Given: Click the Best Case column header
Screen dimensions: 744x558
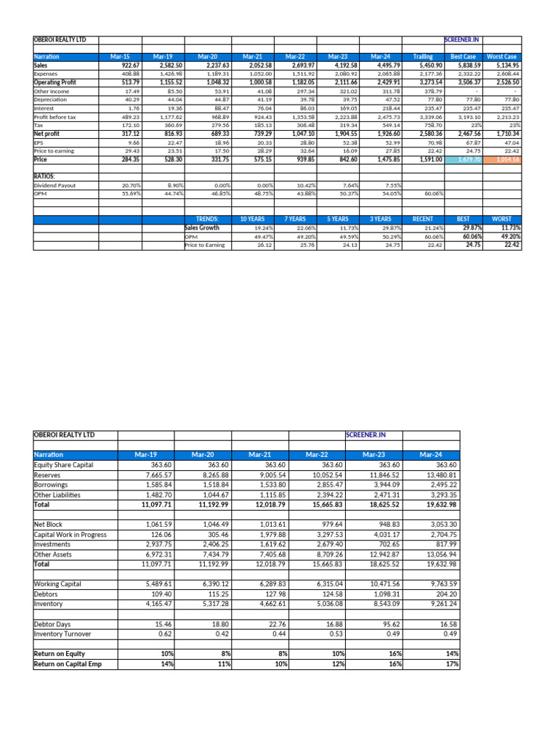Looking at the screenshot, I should coord(463,56).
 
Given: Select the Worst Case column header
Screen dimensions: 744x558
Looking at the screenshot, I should coord(502,56).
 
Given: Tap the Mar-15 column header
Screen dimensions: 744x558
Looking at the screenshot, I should coord(120,56).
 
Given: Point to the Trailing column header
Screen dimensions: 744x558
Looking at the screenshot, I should coord(423,56).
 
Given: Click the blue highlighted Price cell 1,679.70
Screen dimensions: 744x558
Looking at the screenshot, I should coord(463,159).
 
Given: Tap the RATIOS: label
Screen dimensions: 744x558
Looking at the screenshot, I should coord(45,176).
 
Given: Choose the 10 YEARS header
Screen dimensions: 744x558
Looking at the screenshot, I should coord(252,218).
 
